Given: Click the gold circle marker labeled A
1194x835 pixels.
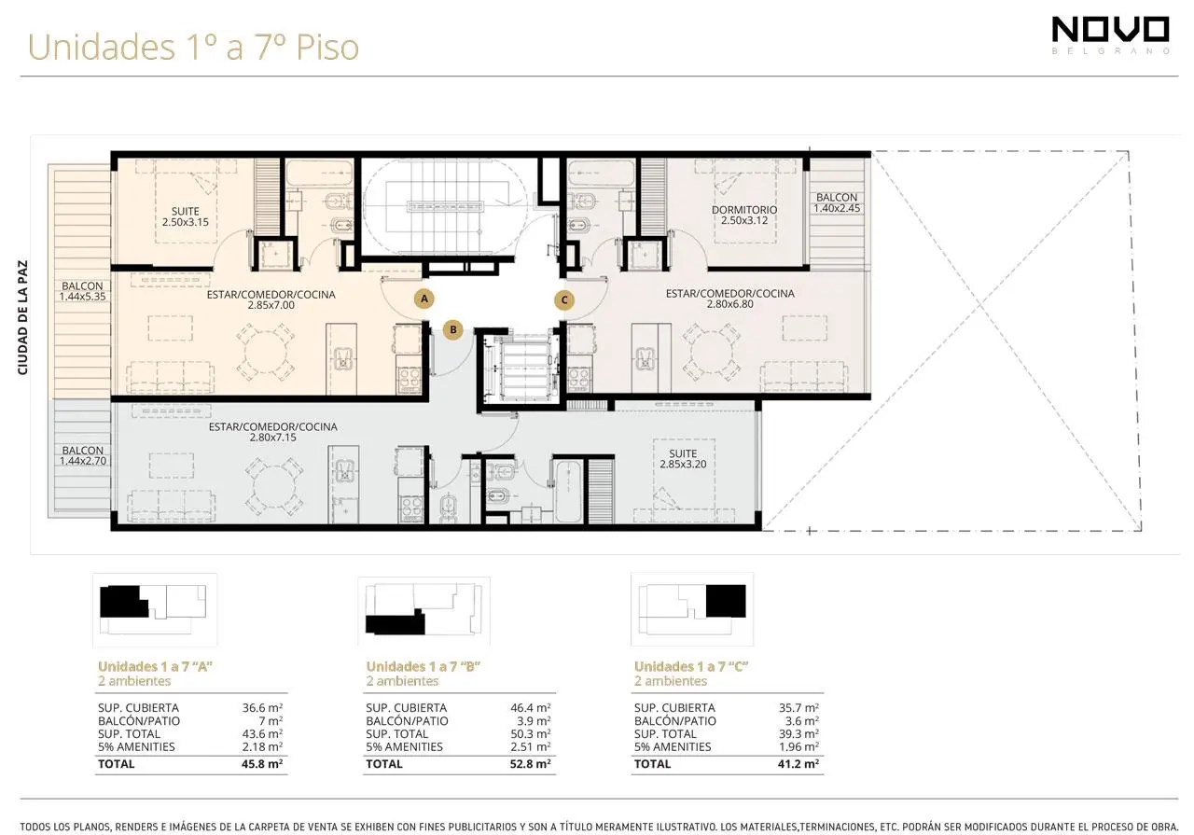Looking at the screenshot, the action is [x=424, y=299].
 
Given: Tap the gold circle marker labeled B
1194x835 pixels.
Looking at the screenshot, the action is [x=453, y=329].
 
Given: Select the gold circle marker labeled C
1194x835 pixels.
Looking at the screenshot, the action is [x=564, y=300].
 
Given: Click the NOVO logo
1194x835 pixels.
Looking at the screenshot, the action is [x=1111, y=35].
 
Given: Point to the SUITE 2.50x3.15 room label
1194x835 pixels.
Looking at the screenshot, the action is [x=186, y=216].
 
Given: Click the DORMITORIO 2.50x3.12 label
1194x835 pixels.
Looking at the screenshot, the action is [x=744, y=215].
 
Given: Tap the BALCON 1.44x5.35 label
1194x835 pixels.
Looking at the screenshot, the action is [x=82, y=291].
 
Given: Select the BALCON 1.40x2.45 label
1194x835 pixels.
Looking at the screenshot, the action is [x=837, y=202].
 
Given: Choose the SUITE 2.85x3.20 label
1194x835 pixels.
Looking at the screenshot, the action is [x=683, y=459].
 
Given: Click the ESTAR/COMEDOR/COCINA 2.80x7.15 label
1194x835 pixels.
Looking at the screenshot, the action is [x=273, y=432].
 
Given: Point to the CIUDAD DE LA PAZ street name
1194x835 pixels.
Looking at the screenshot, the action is [x=23, y=317].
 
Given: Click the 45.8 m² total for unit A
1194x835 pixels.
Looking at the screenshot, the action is [x=262, y=763].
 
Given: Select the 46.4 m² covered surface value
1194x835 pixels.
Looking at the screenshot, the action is [x=531, y=707].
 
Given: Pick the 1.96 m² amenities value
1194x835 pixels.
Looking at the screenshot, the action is [x=798, y=746].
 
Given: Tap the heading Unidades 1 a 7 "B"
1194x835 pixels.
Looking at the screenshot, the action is [x=423, y=666].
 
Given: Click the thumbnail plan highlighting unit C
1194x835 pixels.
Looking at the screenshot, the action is [x=692, y=609].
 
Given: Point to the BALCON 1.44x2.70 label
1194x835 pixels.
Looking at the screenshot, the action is [x=83, y=456].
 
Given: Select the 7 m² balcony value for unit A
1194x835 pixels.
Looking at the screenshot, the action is [x=271, y=721].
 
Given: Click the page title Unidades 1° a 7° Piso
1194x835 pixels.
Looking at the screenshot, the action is [x=193, y=47].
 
